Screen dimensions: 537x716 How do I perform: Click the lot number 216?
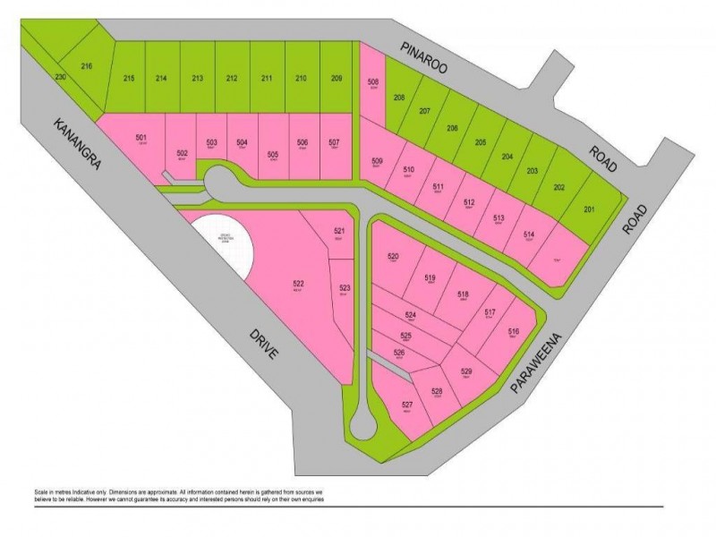tap(87, 66)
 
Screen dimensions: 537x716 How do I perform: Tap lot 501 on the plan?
tap(141, 137)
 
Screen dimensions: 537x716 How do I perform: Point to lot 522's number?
tap(298, 286)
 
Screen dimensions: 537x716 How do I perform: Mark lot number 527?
tap(407, 405)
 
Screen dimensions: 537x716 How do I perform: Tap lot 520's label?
tap(393, 258)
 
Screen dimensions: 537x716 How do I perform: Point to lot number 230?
tap(60, 78)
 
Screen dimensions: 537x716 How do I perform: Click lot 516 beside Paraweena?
tap(513, 332)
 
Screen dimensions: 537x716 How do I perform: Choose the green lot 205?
tap(480, 143)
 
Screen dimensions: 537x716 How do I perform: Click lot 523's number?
tap(345, 288)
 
